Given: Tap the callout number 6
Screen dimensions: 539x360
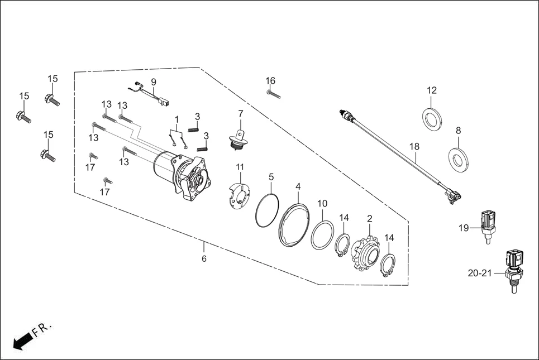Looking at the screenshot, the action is pyautogui.click(x=204, y=259).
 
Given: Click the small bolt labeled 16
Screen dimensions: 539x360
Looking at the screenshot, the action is pyautogui.click(x=273, y=94).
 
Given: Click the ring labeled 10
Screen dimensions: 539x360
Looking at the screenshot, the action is pyautogui.click(x=322, y=234).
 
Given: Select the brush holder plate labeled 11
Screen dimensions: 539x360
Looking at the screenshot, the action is pyautogui.click(x=239, y=193).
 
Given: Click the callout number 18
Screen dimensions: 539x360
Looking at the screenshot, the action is pyautogui.click(x=414, y=146).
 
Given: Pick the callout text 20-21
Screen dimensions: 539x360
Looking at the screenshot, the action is pyautogui.click(x=480, y=273).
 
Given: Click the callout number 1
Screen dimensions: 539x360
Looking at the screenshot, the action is pyautogui.click(x=177, y=119).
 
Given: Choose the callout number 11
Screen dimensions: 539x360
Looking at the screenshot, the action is pyautogui.click(x=240, y=167).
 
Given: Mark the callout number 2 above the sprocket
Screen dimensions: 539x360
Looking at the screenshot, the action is pyautogui.click(x=369, y=218).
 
